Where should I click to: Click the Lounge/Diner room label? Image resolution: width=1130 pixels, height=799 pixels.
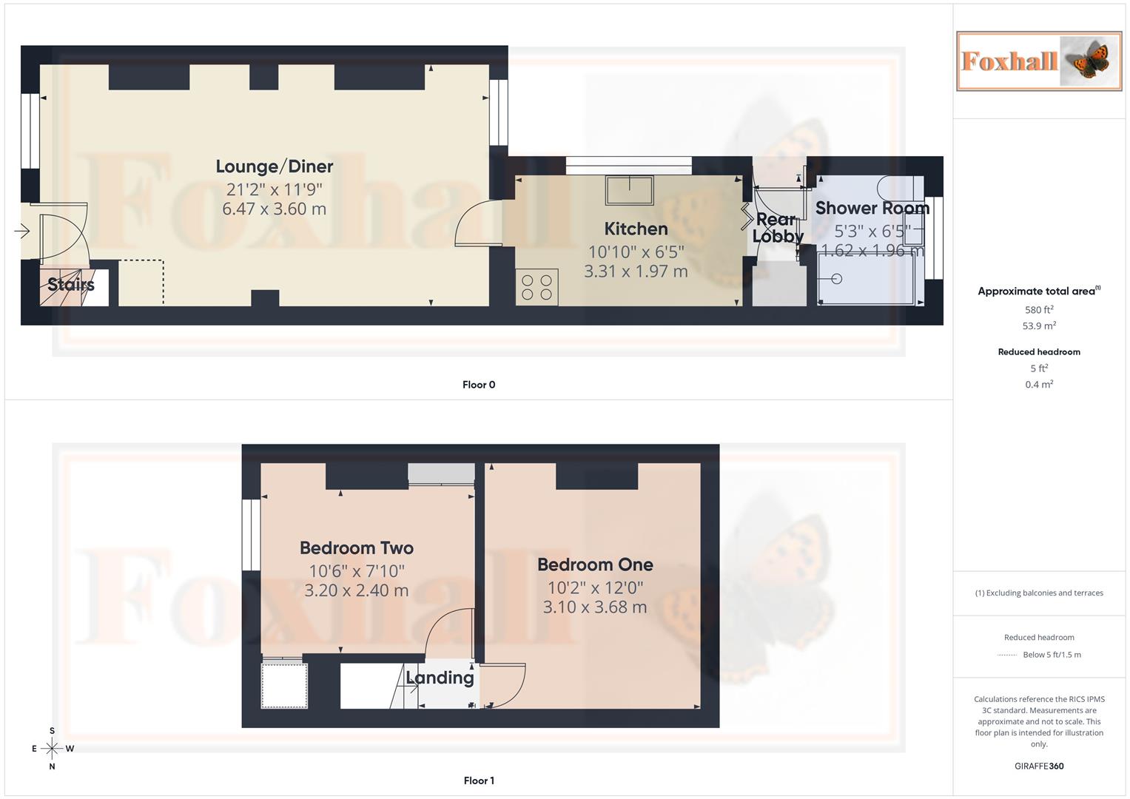[275, 166]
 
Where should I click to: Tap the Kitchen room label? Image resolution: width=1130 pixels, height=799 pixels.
[636, 229]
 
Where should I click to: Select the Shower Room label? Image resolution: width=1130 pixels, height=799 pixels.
[872, 208]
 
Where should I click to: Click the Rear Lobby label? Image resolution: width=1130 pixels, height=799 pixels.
[777, 228]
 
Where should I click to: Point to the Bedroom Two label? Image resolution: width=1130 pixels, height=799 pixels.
[357, 548]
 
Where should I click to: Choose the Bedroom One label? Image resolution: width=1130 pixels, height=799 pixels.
[595, 564]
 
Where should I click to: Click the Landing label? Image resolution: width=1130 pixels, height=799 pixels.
[440, 678]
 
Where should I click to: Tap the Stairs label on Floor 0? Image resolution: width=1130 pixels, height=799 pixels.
[71, 285]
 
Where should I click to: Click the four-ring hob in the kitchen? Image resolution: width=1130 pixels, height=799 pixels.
[537, 287]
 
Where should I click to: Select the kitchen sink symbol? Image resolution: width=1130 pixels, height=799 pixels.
[629, 190]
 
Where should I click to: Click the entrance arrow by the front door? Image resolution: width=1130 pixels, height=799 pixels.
[21, 232]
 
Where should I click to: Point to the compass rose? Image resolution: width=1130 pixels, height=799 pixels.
[52, 749]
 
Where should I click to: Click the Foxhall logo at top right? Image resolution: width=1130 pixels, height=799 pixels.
[1039, 61]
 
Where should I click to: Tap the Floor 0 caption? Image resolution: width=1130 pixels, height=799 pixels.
[479, 385]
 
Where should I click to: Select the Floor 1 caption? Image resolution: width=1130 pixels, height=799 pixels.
[479, 781]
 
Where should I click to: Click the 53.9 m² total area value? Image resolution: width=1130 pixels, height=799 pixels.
[1039, 326]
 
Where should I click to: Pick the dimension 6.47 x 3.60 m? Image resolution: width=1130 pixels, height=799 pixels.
[275, 209]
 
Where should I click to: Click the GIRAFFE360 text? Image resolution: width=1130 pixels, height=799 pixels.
[1039, 766]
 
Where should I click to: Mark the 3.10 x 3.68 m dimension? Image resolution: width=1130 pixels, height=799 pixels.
[595, 608]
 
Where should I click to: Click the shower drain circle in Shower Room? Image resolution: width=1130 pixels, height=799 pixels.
[837, 279]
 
